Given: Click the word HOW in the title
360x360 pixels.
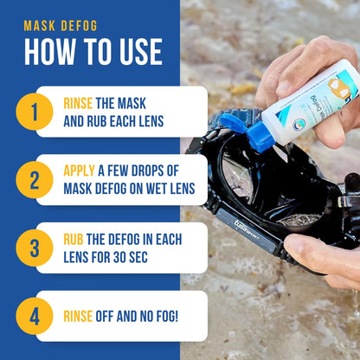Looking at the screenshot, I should click(51, 52).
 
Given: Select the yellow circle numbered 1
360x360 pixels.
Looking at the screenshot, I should click(35, 112).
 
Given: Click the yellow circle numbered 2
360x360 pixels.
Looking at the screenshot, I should click(35, 180).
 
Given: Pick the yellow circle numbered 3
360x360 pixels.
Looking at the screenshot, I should click(35, 247).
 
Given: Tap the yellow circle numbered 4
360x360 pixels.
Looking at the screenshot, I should click(35, 316).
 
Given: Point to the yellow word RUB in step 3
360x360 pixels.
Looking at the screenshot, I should click(74, 239).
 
